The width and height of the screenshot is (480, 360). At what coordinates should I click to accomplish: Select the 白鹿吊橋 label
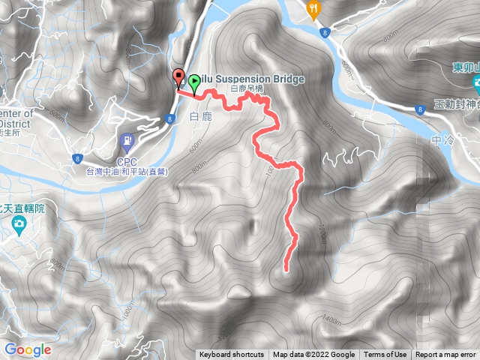coord(247,88)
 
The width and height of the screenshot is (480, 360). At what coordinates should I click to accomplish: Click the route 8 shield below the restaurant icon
coord(323,32)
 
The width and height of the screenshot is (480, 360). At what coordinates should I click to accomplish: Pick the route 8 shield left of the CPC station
coord(77,157)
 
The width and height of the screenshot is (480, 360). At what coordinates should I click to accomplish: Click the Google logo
coord(27,349)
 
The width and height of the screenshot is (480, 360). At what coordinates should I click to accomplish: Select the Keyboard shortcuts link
coord(231,355)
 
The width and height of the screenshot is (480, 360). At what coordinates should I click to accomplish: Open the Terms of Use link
coord(385,355)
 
